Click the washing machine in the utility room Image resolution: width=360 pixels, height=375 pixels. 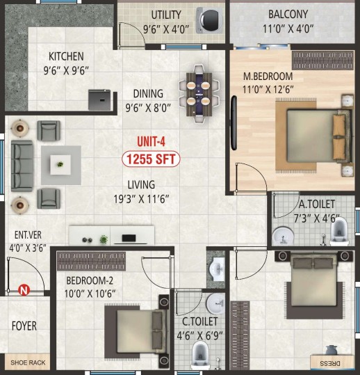(210, 20)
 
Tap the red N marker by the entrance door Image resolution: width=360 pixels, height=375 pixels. (24, 290)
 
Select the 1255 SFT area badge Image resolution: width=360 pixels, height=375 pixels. (151, 159)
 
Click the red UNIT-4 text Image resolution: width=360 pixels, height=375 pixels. (151, 142)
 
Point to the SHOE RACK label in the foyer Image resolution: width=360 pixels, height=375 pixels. (28, 362)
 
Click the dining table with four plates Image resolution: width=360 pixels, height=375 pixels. (199, 95)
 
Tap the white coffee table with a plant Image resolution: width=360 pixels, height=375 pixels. (60, 165)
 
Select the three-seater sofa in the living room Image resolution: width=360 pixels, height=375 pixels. (22, 166)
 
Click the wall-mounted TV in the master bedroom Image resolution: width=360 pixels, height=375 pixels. (234, 122)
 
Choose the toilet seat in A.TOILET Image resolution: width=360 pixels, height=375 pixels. (339, 232)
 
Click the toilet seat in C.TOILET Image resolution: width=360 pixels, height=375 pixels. (200, 356)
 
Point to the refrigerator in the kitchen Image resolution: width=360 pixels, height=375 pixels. (99, 99)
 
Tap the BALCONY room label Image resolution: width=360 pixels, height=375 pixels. (288, 14)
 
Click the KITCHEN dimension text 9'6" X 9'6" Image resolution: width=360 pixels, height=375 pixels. (66, 70)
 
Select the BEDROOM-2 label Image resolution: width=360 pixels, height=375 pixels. (90, 280)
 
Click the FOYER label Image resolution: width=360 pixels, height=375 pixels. (24, 326)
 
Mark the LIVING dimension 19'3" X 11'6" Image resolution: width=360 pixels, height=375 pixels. (141, 199)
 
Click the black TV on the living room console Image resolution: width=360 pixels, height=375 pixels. (129, 238)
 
